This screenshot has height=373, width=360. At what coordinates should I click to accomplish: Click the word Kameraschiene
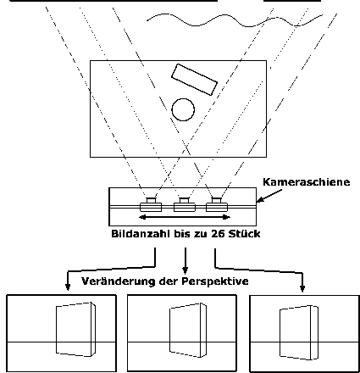[x=307, y=182]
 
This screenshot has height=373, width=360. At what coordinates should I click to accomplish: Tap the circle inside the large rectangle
[x=183, y=98]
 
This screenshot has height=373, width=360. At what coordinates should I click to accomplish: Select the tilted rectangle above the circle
[x=194, y=80]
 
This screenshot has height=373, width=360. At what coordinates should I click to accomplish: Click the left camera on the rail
[x=151, y=205]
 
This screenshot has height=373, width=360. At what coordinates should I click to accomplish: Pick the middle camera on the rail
[x=185, y=205]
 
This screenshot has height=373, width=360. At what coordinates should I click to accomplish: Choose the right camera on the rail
[x=217, y=205]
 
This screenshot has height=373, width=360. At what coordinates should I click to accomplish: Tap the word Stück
[x=244, y=234]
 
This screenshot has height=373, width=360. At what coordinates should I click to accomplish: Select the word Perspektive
[x=215, y=281]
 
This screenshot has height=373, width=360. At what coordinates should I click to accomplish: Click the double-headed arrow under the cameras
[x=185, y=217]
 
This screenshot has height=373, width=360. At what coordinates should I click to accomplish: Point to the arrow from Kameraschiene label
[x=269, y=196]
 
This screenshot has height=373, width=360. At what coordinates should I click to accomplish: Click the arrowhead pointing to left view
[x=68, y=287]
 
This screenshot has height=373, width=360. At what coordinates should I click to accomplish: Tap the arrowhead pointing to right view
[x=302, y=288]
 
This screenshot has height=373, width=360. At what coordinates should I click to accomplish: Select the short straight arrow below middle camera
[x=186, y=261]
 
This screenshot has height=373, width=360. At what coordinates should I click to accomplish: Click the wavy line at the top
[x=235, y=19]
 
